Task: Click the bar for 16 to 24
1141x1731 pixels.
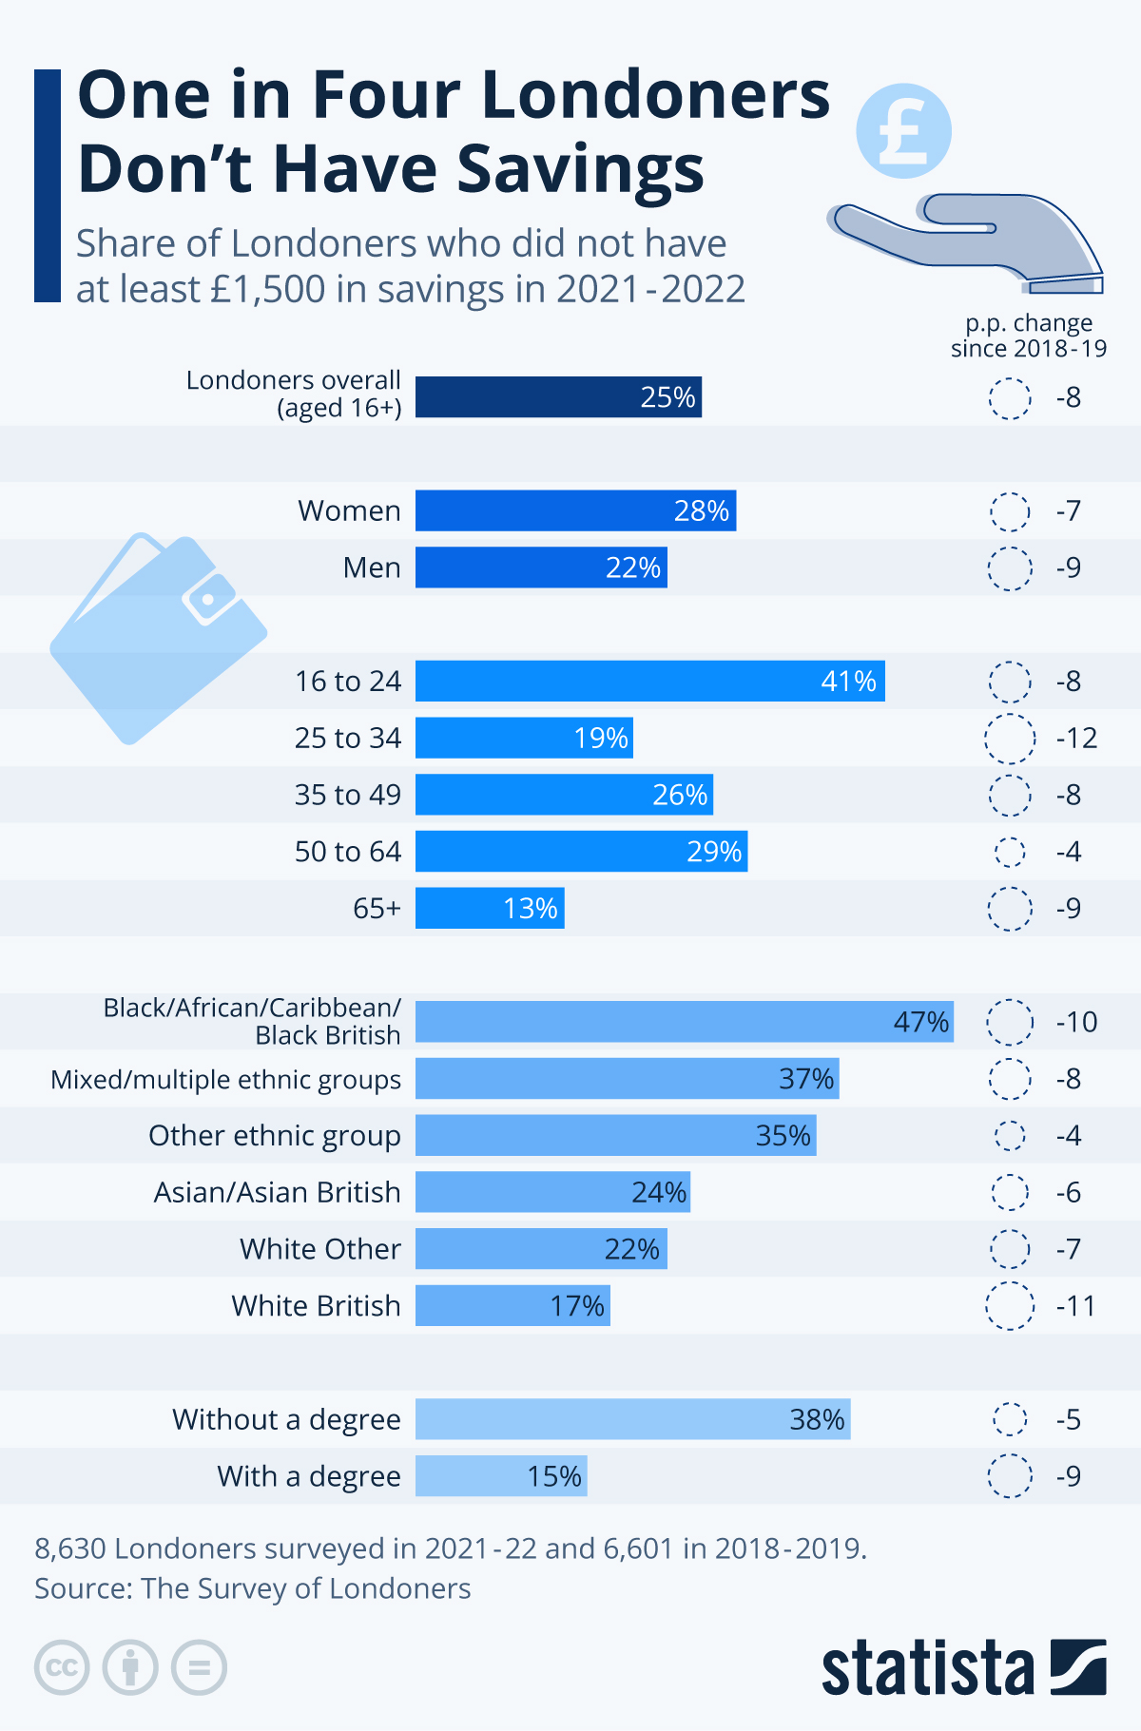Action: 649,682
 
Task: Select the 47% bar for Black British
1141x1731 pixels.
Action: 684,1022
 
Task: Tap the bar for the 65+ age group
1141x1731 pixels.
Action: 490,908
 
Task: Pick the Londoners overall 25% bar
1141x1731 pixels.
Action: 558,397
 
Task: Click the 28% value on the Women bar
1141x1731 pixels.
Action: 702,511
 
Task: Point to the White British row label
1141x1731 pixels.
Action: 316,1306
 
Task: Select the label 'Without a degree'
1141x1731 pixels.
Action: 286,1419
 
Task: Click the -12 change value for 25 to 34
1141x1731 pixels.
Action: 1076,739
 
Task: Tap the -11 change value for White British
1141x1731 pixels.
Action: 1075,1306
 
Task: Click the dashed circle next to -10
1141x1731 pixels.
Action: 1010,1022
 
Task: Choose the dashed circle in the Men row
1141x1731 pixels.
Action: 1010,568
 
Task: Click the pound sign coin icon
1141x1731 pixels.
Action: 903,131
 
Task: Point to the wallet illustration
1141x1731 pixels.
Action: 158,637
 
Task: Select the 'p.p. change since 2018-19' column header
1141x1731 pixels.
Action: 1029,336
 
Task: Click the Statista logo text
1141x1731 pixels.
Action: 927,1667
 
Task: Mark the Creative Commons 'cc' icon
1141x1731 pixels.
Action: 62,1667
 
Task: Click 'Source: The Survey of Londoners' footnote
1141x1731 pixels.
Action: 253,1588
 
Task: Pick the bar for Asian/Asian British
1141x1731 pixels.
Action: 552,1192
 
